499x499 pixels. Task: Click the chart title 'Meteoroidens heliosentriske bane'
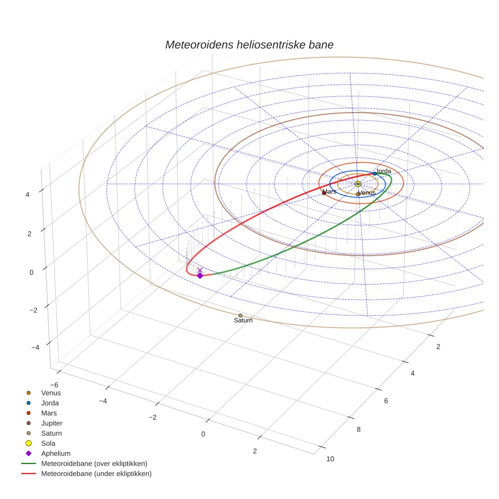pos(249,45)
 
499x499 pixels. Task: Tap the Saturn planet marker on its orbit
pos(240,315)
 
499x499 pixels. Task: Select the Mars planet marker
pos(324,193)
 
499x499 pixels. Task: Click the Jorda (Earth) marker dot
pos(375,173)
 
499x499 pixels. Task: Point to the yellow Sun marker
pos(358,184)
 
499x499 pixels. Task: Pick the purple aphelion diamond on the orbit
pos(200,275)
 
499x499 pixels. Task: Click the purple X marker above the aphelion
pos(200,270)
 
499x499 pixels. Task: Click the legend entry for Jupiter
pos(52,423)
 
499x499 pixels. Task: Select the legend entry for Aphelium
pos(55,453)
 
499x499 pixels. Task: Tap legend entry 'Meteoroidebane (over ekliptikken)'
pos(94,464)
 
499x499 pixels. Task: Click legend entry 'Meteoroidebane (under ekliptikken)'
pos(96,474)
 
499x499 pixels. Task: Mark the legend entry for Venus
pos(51,393)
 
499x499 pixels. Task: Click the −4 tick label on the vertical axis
pos(35,347)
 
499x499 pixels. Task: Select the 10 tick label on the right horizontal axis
pos(330,459)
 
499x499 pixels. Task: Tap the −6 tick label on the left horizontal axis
pos(54,385)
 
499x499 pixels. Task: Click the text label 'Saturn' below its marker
pos(243,320)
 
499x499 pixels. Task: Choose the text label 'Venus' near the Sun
pos(367,193)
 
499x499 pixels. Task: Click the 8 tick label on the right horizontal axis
pos(359,430)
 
